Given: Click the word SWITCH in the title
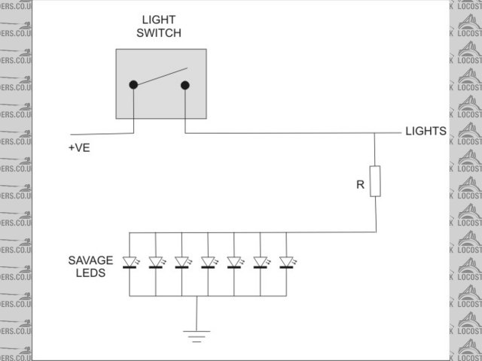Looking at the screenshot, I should [160, 33].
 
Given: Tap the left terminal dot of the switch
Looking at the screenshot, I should [133, 84].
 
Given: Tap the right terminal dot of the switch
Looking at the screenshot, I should [185, 84].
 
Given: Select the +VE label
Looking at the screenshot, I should [78, 148].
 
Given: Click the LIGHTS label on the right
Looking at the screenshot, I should [426, 131].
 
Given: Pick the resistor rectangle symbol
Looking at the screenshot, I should [375, 182].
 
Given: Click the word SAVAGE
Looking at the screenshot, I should [90, 260].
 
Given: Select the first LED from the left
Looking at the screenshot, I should [130, 262].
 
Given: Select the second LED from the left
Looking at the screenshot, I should [156, 262].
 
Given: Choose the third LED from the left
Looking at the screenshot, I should [182, 262].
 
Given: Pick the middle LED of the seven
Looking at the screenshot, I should [208, 262].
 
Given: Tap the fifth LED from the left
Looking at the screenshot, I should [234, 262].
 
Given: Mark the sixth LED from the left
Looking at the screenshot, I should [260, 262].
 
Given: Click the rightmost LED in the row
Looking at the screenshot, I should [286, 262].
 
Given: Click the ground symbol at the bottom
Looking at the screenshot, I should [197, 335].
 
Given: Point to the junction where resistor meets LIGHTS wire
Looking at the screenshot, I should [375, 134].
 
